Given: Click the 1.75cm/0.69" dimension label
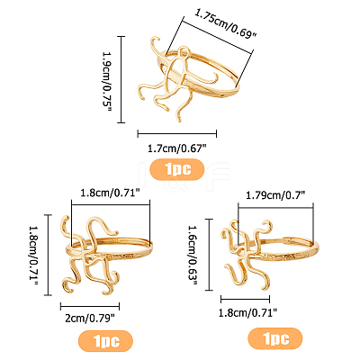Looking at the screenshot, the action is (x=226, y=23).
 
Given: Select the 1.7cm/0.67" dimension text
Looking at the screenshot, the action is (x=177, y=148).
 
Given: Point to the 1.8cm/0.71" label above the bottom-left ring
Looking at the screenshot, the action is (x=111, y=193).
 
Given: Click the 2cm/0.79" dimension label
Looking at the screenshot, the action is (x=90, y=318).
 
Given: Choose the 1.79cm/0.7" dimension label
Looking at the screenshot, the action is (x=275, y=195).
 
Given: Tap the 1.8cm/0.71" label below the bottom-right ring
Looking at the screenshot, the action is (x=247, y=313).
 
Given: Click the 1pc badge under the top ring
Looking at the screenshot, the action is (x=177, y=169).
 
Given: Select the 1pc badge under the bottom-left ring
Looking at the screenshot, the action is (x=105, y=341).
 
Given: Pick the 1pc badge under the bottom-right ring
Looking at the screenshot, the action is (x=275, y=338).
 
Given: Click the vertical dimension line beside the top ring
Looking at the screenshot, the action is (x=121, y=79).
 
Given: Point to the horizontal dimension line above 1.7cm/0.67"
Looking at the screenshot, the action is (x=177, y=134).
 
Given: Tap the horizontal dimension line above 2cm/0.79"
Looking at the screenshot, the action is (x=90, y=306).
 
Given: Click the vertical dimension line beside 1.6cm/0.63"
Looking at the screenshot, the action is (x=209, y=255).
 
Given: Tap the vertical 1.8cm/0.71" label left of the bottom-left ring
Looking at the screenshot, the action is (x=33, y=256).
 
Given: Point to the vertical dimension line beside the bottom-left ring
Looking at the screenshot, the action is (x=48, y=256).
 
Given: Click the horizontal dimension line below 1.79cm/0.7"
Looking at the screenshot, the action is (x=275, y=207).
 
